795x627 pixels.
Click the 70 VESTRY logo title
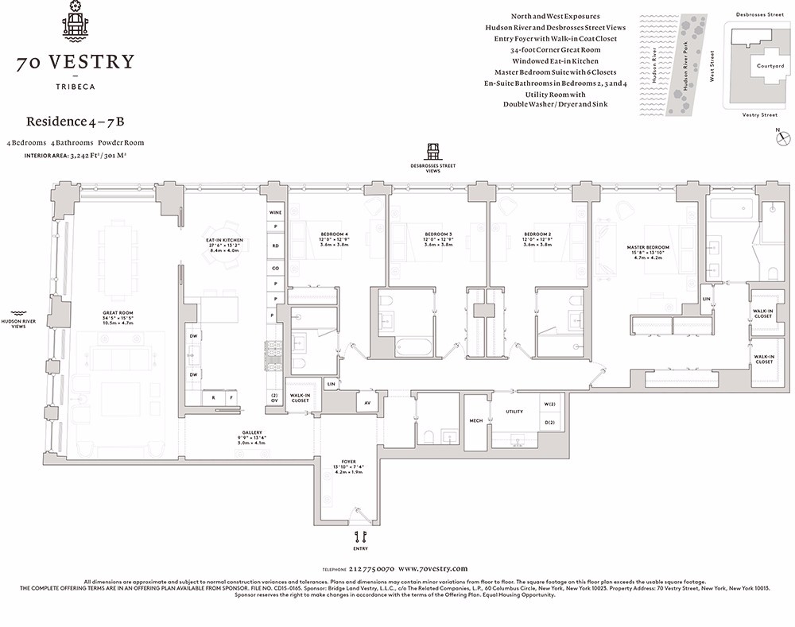coord(77,62)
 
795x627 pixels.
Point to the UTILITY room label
coord(514,412)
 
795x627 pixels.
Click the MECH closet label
coord(475,421)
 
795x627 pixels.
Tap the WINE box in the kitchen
coord(276,213)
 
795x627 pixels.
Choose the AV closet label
coord(367,403)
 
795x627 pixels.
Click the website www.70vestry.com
coord(432,569)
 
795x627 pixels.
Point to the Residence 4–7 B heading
coord(76,122)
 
